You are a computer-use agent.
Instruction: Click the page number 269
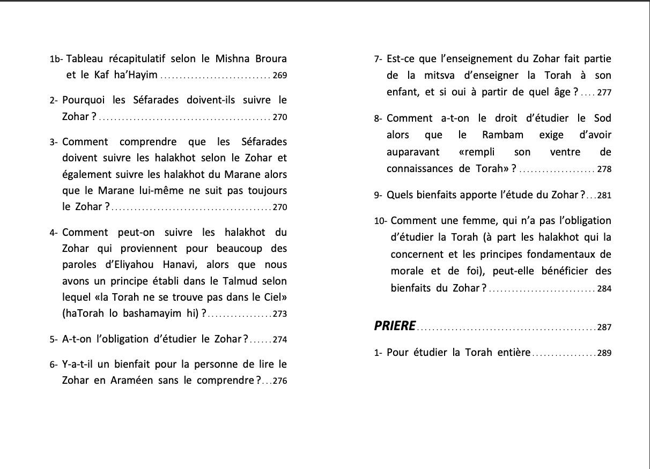(x=279, y=76)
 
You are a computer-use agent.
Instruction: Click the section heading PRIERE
(x=395, y=326)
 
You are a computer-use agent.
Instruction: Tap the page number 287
(x=604, y=327)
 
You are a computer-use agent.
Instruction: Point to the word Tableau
(x=87, y=58)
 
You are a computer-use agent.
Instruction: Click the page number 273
(x=279, y=315)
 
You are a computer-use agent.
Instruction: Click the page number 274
(x=279, y=340)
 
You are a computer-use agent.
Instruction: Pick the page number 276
(x=279, y=382)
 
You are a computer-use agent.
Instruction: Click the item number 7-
(x=378, y=59)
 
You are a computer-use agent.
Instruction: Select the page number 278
(x=604, y=169)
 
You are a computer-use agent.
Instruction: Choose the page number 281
(x=604, y=196)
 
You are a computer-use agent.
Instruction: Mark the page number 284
(x=604, y=289)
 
